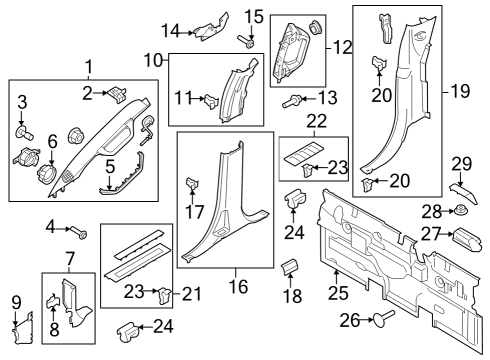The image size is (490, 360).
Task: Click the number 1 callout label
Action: tap(88, 67)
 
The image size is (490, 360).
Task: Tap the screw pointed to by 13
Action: tap(295, 100)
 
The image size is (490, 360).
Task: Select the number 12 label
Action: tap(343, 46)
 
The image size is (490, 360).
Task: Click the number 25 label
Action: tap(336, 294)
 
